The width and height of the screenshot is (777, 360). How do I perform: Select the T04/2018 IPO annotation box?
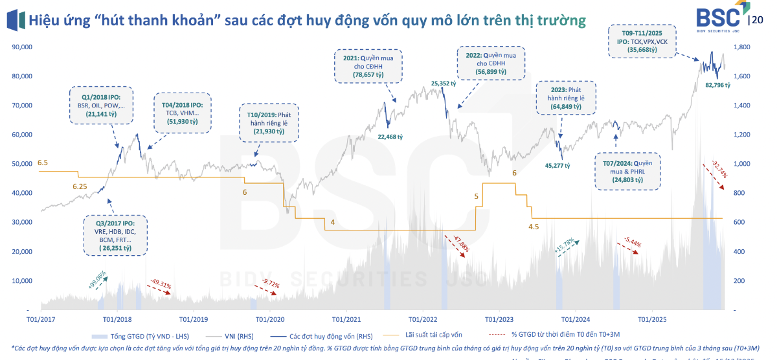point(179,113)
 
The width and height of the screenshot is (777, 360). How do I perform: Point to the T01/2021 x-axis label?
point(346,319)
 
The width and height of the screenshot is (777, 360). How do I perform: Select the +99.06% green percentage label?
point(97,279)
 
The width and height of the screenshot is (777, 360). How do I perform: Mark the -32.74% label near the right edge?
point(719,168)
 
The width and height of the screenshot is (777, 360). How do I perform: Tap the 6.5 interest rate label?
point(43,163)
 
